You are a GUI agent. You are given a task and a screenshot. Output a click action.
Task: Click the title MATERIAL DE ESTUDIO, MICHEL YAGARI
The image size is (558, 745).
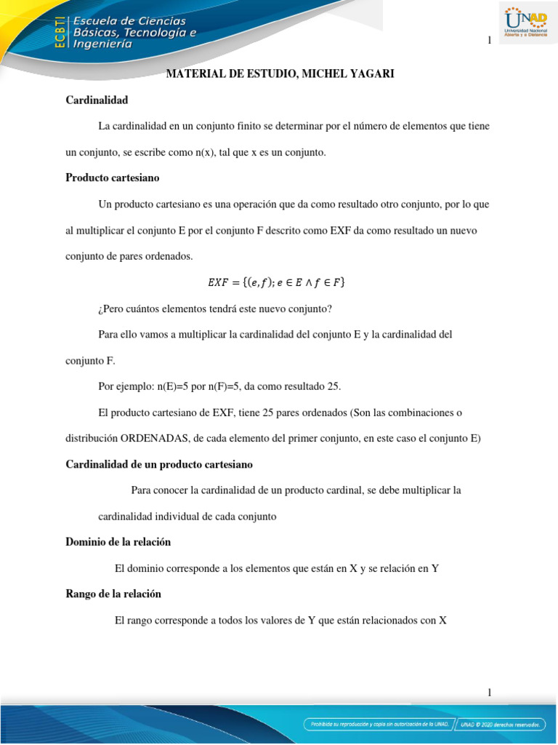tap(280, 74)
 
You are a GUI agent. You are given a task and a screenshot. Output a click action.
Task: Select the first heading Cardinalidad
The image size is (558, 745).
tap(97, 100)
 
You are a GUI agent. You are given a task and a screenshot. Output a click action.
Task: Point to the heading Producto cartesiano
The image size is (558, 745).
tap(113, 178)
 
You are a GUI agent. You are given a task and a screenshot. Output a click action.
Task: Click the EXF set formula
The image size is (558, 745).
tap(276, 282)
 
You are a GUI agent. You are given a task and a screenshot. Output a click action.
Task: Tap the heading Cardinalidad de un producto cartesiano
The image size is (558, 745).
tap(159, 464)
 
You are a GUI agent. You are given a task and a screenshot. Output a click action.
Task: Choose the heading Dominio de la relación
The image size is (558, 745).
tap(118, 542)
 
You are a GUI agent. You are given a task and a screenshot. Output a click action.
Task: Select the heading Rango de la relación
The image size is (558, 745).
tap(113, 594)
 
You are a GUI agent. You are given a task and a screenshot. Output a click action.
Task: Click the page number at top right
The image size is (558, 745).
tap(490, 41)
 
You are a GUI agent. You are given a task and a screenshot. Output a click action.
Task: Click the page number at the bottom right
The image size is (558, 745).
tap(490, 693)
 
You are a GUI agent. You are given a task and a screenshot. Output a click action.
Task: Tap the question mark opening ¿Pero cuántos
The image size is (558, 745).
tap(100, 308)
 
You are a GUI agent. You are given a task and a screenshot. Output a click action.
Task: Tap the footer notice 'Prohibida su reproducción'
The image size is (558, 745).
tap(379, 724)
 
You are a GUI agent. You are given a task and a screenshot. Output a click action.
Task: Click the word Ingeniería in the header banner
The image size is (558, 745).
tap(102, 44)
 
